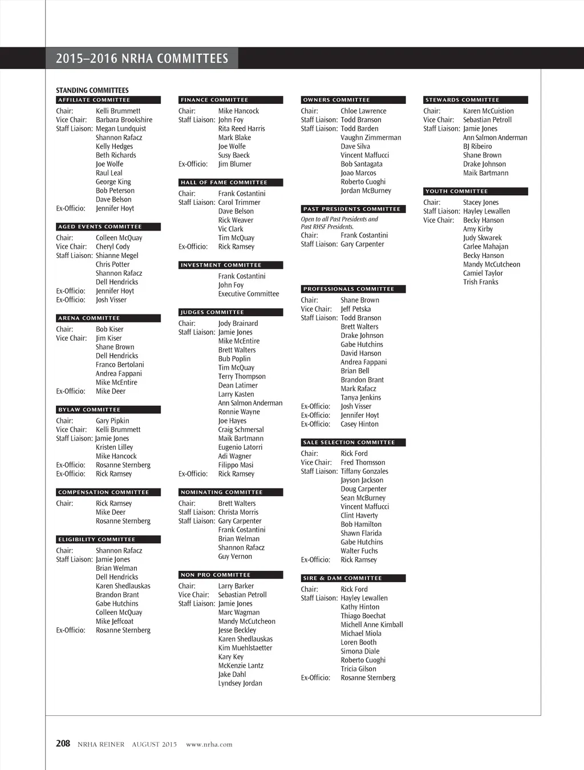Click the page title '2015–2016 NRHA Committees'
[142, 58]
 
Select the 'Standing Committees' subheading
[92, 90]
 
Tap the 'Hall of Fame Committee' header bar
[231, 183]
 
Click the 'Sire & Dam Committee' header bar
[353, 578]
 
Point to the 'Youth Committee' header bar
[476, 191]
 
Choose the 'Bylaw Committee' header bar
[108, 410]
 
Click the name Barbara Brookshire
[124, 120]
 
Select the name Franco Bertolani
[120, 365]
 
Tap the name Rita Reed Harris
[241, 128]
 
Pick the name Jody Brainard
[238, 323]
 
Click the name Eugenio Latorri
[240, 448]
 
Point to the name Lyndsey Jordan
[240, 683]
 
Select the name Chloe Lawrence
[363, 111]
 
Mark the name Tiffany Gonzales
[364, 471]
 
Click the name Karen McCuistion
[488, 111]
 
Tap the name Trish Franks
[480, 282]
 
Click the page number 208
[63, 743]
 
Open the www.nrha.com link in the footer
[209, 744]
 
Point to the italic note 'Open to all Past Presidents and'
[339, 219]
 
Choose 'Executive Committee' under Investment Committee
[248, 294]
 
